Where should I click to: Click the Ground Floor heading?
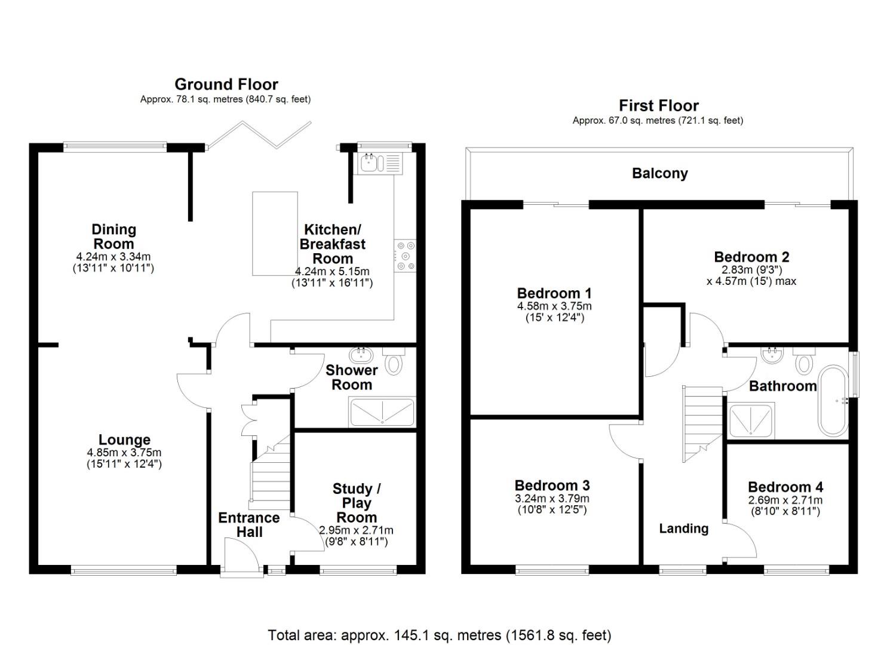tap(226, 84)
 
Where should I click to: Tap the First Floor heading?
tap(658, 106)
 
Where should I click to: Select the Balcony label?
tap(659, 173)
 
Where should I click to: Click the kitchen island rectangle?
tap(275, 234)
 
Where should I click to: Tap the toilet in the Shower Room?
tap(393, 362)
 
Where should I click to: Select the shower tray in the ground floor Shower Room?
tap(382, 412)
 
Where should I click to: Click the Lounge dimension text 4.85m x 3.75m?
tap(124, 453)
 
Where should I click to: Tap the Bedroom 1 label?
tap(554, 293)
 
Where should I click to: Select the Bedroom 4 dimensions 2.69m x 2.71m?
tap(785, 500)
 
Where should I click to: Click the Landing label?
tap(683, 529)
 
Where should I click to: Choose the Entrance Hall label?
tap(248, 525)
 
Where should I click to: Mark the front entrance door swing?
tap(241, 555)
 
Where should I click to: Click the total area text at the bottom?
tap(439, 635)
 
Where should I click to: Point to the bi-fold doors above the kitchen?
tap(259, 136)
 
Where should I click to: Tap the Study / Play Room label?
tap(356, 503)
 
